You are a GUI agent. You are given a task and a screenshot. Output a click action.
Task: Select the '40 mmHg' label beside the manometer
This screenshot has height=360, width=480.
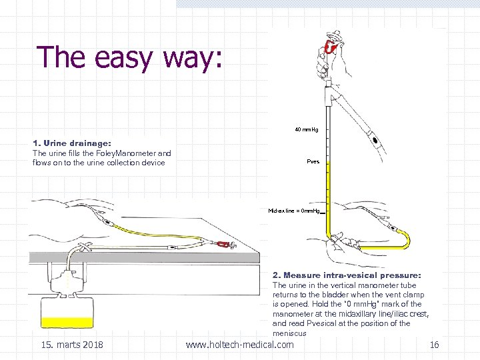coord(307,129)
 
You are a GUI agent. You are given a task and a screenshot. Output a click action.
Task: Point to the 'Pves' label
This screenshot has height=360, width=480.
coord(313,162)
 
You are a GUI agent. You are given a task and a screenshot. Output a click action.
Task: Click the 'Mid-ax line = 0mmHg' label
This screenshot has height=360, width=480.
coord(295,211)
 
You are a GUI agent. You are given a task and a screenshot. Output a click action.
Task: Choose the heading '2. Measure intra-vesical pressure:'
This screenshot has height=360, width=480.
coord(347,275)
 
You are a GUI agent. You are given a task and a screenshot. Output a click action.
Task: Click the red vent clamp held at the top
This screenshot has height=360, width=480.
coord(329,47)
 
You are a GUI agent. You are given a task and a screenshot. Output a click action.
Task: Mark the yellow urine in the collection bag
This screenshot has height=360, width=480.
coord(67,322)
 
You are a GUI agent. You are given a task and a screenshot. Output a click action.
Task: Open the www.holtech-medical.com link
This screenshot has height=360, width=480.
coord(239,345)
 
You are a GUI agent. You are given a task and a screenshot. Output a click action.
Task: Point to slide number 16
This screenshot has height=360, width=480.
coord(434,345)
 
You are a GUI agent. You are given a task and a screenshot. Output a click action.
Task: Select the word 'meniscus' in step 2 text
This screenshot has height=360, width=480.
coord(289,333)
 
